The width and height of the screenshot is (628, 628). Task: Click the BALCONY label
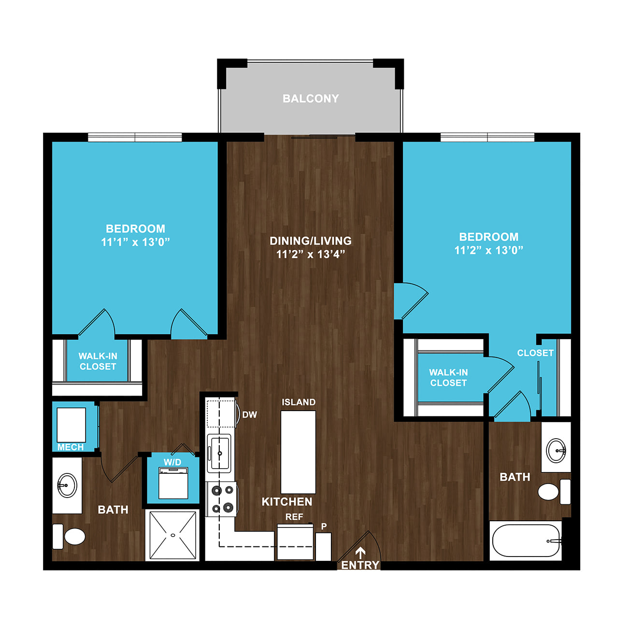tap(311, 99)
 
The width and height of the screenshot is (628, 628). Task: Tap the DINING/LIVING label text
tap(311, 241)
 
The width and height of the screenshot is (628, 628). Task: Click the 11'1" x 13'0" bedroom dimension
tap(135, 242)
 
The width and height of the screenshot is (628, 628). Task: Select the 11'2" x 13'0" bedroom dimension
tap(488, 250)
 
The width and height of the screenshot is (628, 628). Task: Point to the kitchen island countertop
tap(298, 452)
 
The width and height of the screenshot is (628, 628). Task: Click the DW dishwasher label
tap(250, 415)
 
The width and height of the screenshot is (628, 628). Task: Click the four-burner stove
tap(222, 499)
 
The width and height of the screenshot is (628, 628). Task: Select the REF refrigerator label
tap(294, 517)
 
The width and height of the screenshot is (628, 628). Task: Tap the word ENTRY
tap(360, 565)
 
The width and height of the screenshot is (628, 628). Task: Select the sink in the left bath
tap(67, 485)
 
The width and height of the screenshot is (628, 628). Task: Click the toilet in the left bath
tap(69, 536)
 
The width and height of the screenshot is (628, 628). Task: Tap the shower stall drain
tap(173, 535)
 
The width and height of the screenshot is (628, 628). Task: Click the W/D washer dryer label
tap(172, 462)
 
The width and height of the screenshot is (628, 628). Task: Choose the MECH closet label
tap(71, 447)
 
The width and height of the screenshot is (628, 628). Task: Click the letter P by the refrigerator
tap(324, 527)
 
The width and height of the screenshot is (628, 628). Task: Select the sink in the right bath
tap(556, 451)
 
